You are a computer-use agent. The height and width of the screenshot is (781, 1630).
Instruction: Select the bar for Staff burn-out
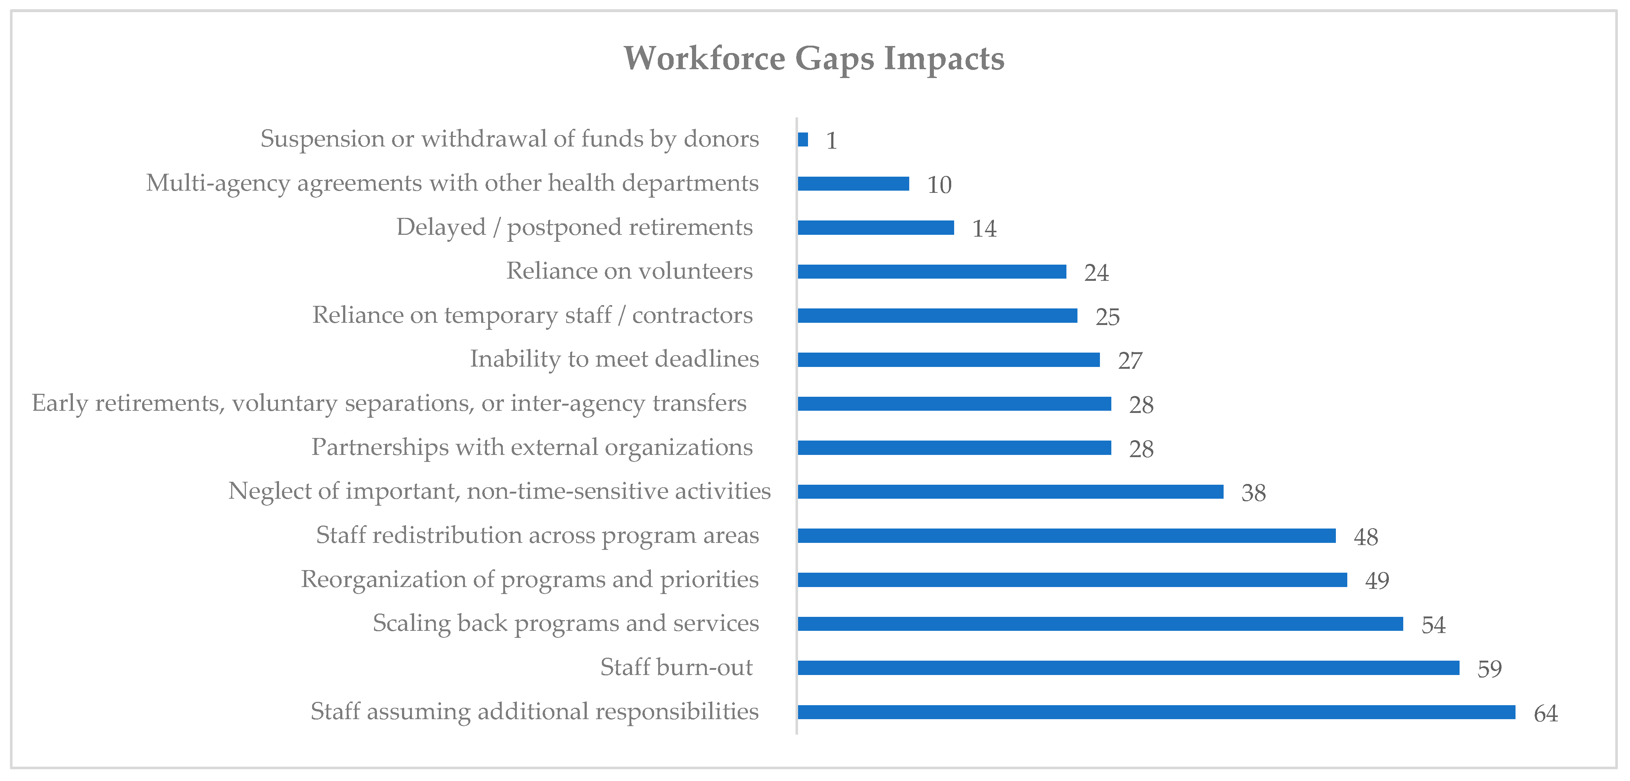pyautogui.click(x=1128, y=668)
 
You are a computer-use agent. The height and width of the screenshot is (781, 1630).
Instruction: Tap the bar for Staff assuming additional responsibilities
pyautogui.click(x=1156, y=712)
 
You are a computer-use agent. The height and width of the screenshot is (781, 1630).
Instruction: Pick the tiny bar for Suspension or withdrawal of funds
pyautogui.click(x=803, y=139)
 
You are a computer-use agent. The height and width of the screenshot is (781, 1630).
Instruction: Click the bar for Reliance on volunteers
pyautogui.click(x=931, y=272)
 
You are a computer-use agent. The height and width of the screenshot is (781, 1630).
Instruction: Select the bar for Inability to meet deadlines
pyautogui.click(x=949, y=360)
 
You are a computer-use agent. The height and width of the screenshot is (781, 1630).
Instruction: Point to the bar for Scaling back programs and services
pyautogui.click(x=1100, y=624)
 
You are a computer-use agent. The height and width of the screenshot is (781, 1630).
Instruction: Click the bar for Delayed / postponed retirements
pyautogui.click(x=876, y=227)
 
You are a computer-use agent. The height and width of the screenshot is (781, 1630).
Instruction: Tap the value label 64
pyautogui.click(x=1546, y=713)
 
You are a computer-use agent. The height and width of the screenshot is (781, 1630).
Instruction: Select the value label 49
pyautogui.click(x=1377, y=580)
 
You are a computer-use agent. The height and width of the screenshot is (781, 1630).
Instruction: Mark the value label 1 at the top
pyautogui.click(x=832, y=141)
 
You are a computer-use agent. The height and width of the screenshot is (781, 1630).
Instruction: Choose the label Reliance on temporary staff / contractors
pyautogui.click(x=532, y=315)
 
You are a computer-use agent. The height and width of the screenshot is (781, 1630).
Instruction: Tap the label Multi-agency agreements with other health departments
pyautogui.click(x=452, y=183)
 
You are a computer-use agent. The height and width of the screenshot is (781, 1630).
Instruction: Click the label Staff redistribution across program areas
pyautogui.click(x=537, y=536)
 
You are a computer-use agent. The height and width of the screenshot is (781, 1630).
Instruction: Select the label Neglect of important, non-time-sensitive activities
pyautogui.click(x=499, y=491)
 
